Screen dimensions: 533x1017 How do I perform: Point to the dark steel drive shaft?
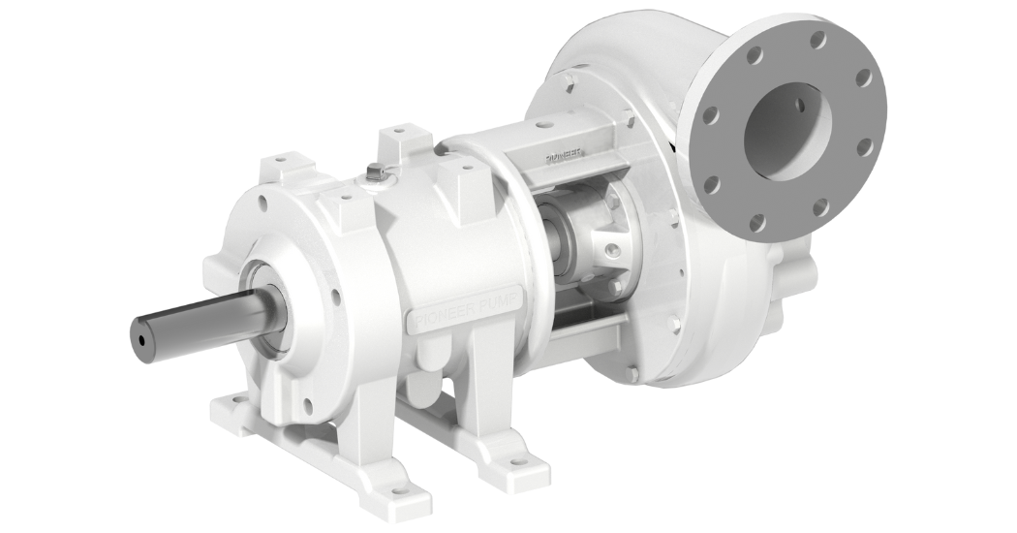pyautogui.click(x=194, y=328)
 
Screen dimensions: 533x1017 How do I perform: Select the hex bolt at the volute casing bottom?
pyautogui.click(x=632, y=371)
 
